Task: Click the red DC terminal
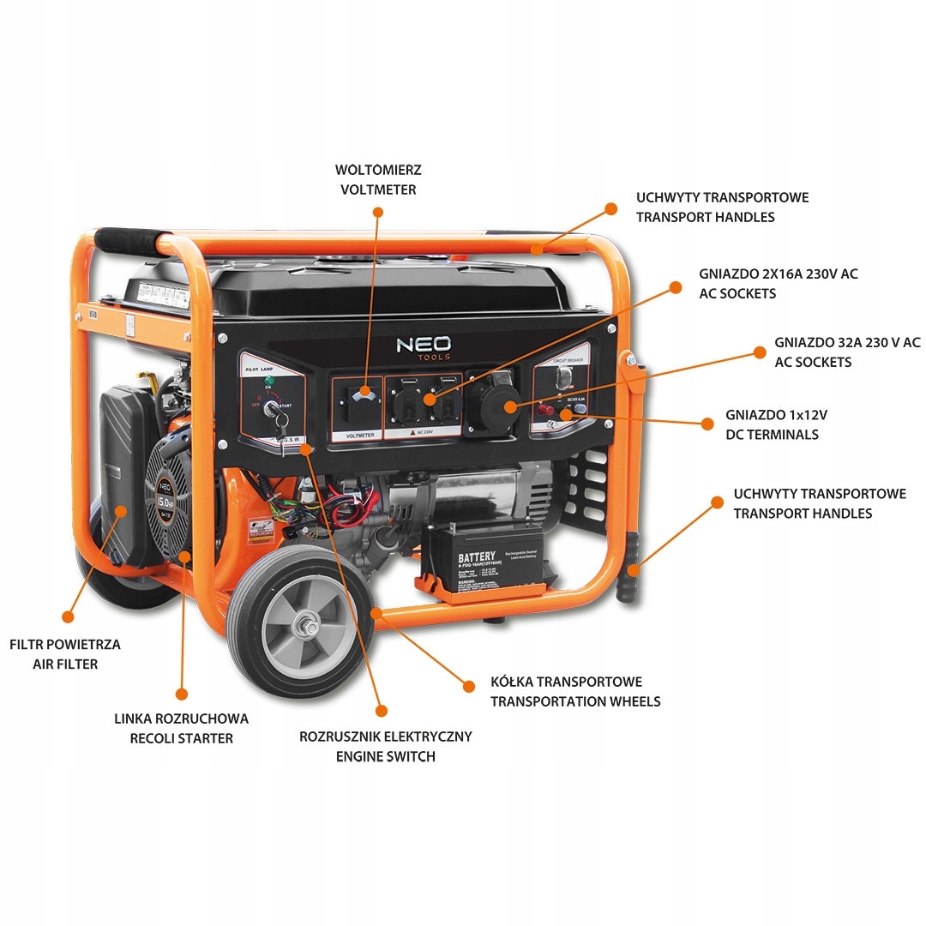click(543, 411)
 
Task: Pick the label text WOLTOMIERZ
click(378, 171)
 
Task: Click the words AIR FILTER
click(65, 664)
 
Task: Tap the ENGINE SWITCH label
click(385, 756)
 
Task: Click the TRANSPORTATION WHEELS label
click(574, 701)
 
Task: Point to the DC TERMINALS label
click(772, 435)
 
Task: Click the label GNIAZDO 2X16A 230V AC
click(778, 274)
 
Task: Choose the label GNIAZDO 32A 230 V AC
click(847, 342)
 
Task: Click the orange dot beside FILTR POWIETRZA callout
click(67, 616)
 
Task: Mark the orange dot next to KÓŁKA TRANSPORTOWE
click(468, 685)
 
